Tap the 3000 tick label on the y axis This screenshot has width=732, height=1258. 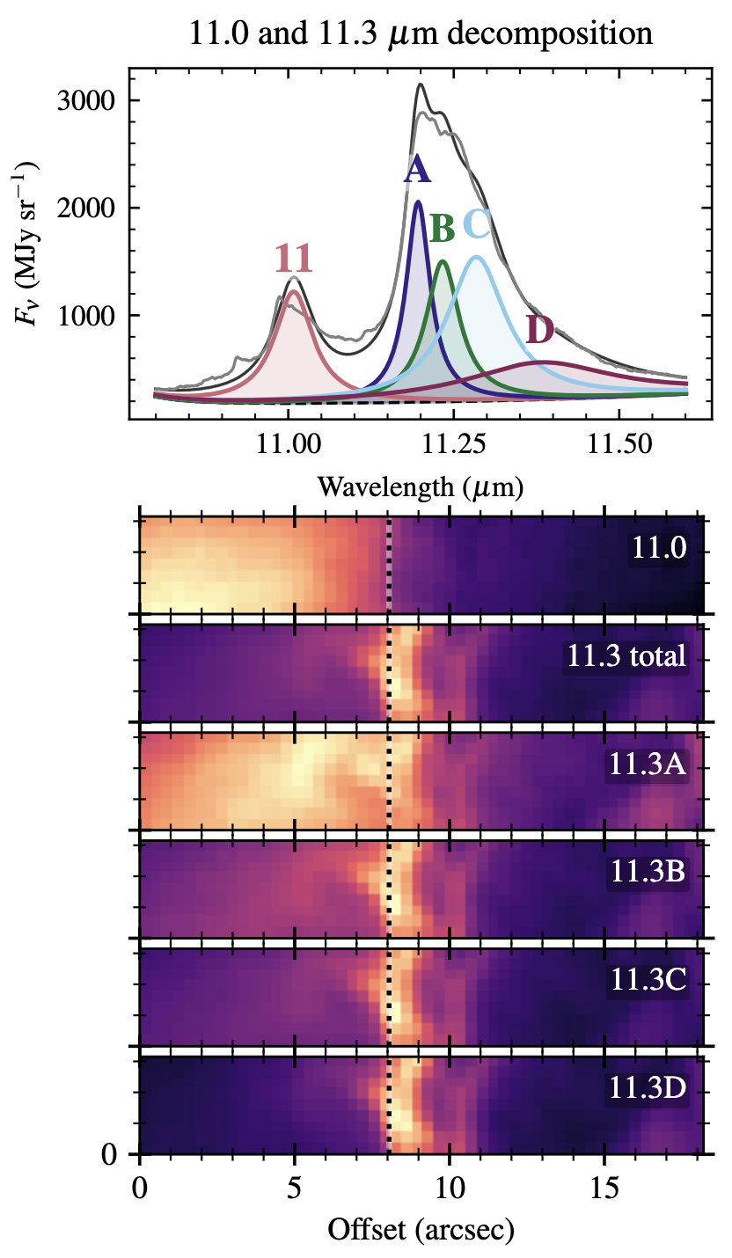point(88,100)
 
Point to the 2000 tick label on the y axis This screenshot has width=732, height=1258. point(88,208)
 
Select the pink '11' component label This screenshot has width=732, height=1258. point(293,259)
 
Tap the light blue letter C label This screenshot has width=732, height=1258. point(476,225)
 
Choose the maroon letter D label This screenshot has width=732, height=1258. point(539,330)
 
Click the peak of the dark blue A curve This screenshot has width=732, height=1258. point(418,202)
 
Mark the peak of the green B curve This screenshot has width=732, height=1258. point(443,261)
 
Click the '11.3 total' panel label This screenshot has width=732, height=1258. point(626,656)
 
